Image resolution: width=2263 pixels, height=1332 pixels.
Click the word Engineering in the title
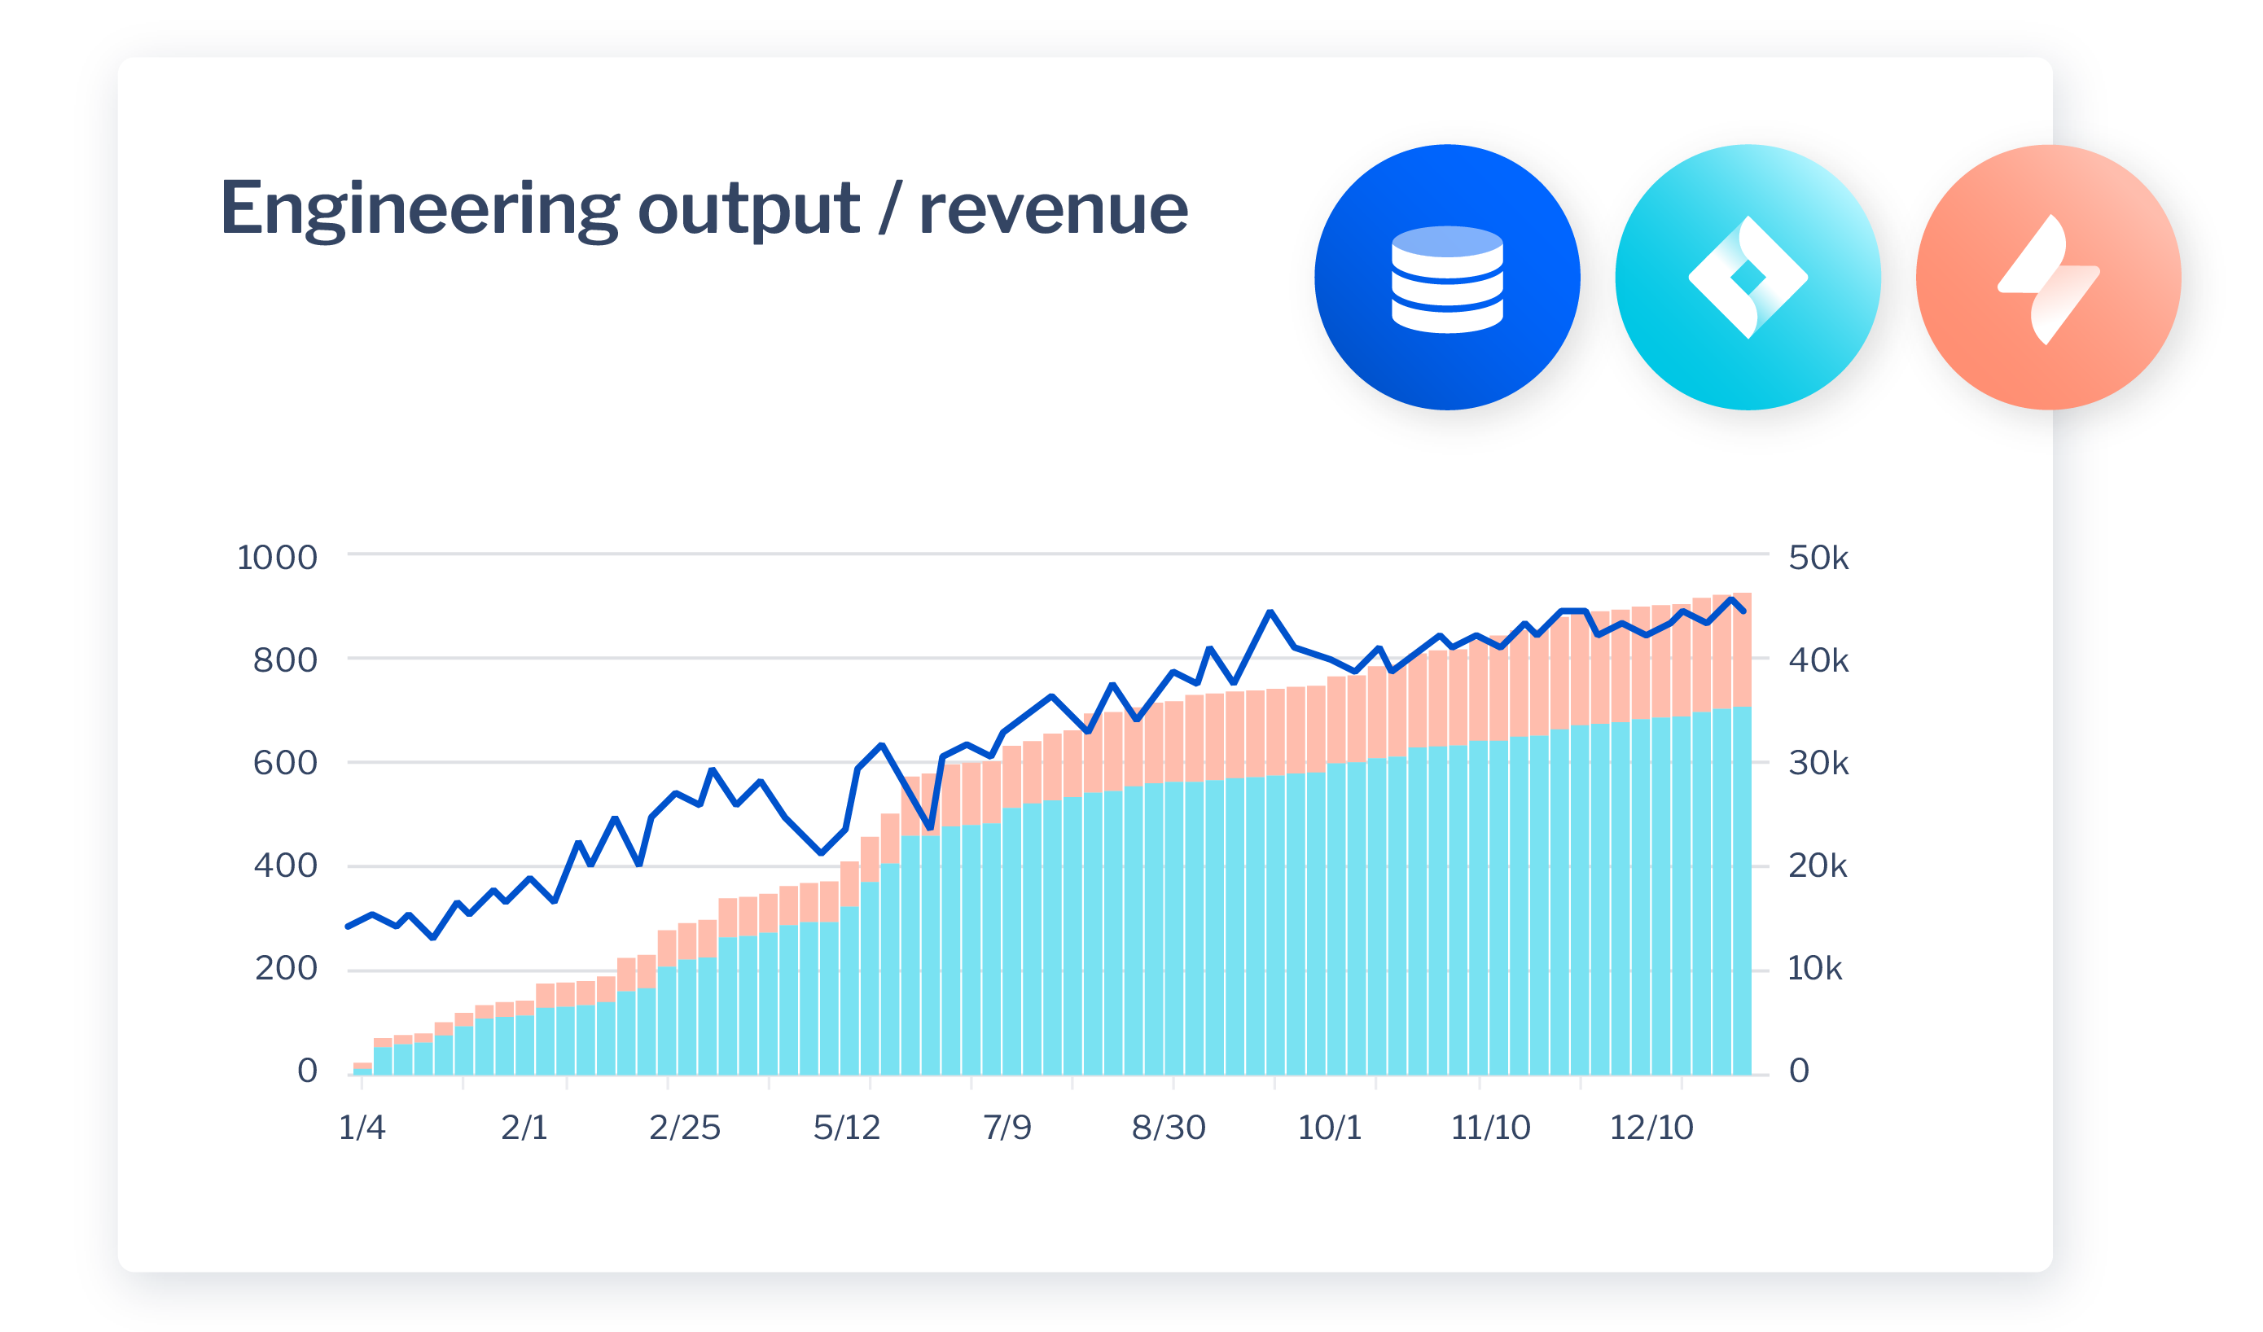(x=419, y=210)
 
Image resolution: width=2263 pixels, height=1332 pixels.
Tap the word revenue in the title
(x=1052, y=210)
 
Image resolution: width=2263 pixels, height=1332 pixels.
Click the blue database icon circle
(x=1447, y=278)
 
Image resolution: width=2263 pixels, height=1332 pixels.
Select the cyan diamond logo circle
(x=1747, y=278)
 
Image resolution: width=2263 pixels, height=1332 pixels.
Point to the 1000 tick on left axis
(x=277, y=558)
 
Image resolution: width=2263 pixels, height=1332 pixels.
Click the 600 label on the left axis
(x=285, y=763)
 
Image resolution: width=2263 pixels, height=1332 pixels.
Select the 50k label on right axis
(x=1818, y=558)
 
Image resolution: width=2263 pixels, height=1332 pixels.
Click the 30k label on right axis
(x=1818, y=763)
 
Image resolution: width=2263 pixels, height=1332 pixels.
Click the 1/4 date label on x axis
(x=362, y=1127)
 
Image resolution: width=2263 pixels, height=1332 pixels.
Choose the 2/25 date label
(x=684, y=1127)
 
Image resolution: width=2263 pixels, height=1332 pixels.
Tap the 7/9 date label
(x=1007, y=1127)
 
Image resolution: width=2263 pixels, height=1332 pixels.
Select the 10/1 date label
(x=1329, y=1127)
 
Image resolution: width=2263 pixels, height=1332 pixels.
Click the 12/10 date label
(x=1651, y=1127)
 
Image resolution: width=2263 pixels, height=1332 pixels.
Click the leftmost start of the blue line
(x=349, y=926)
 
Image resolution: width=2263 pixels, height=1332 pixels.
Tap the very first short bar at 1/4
(x=362, y=1068)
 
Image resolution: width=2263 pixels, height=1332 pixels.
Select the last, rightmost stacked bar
(x=1741, y=835)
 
